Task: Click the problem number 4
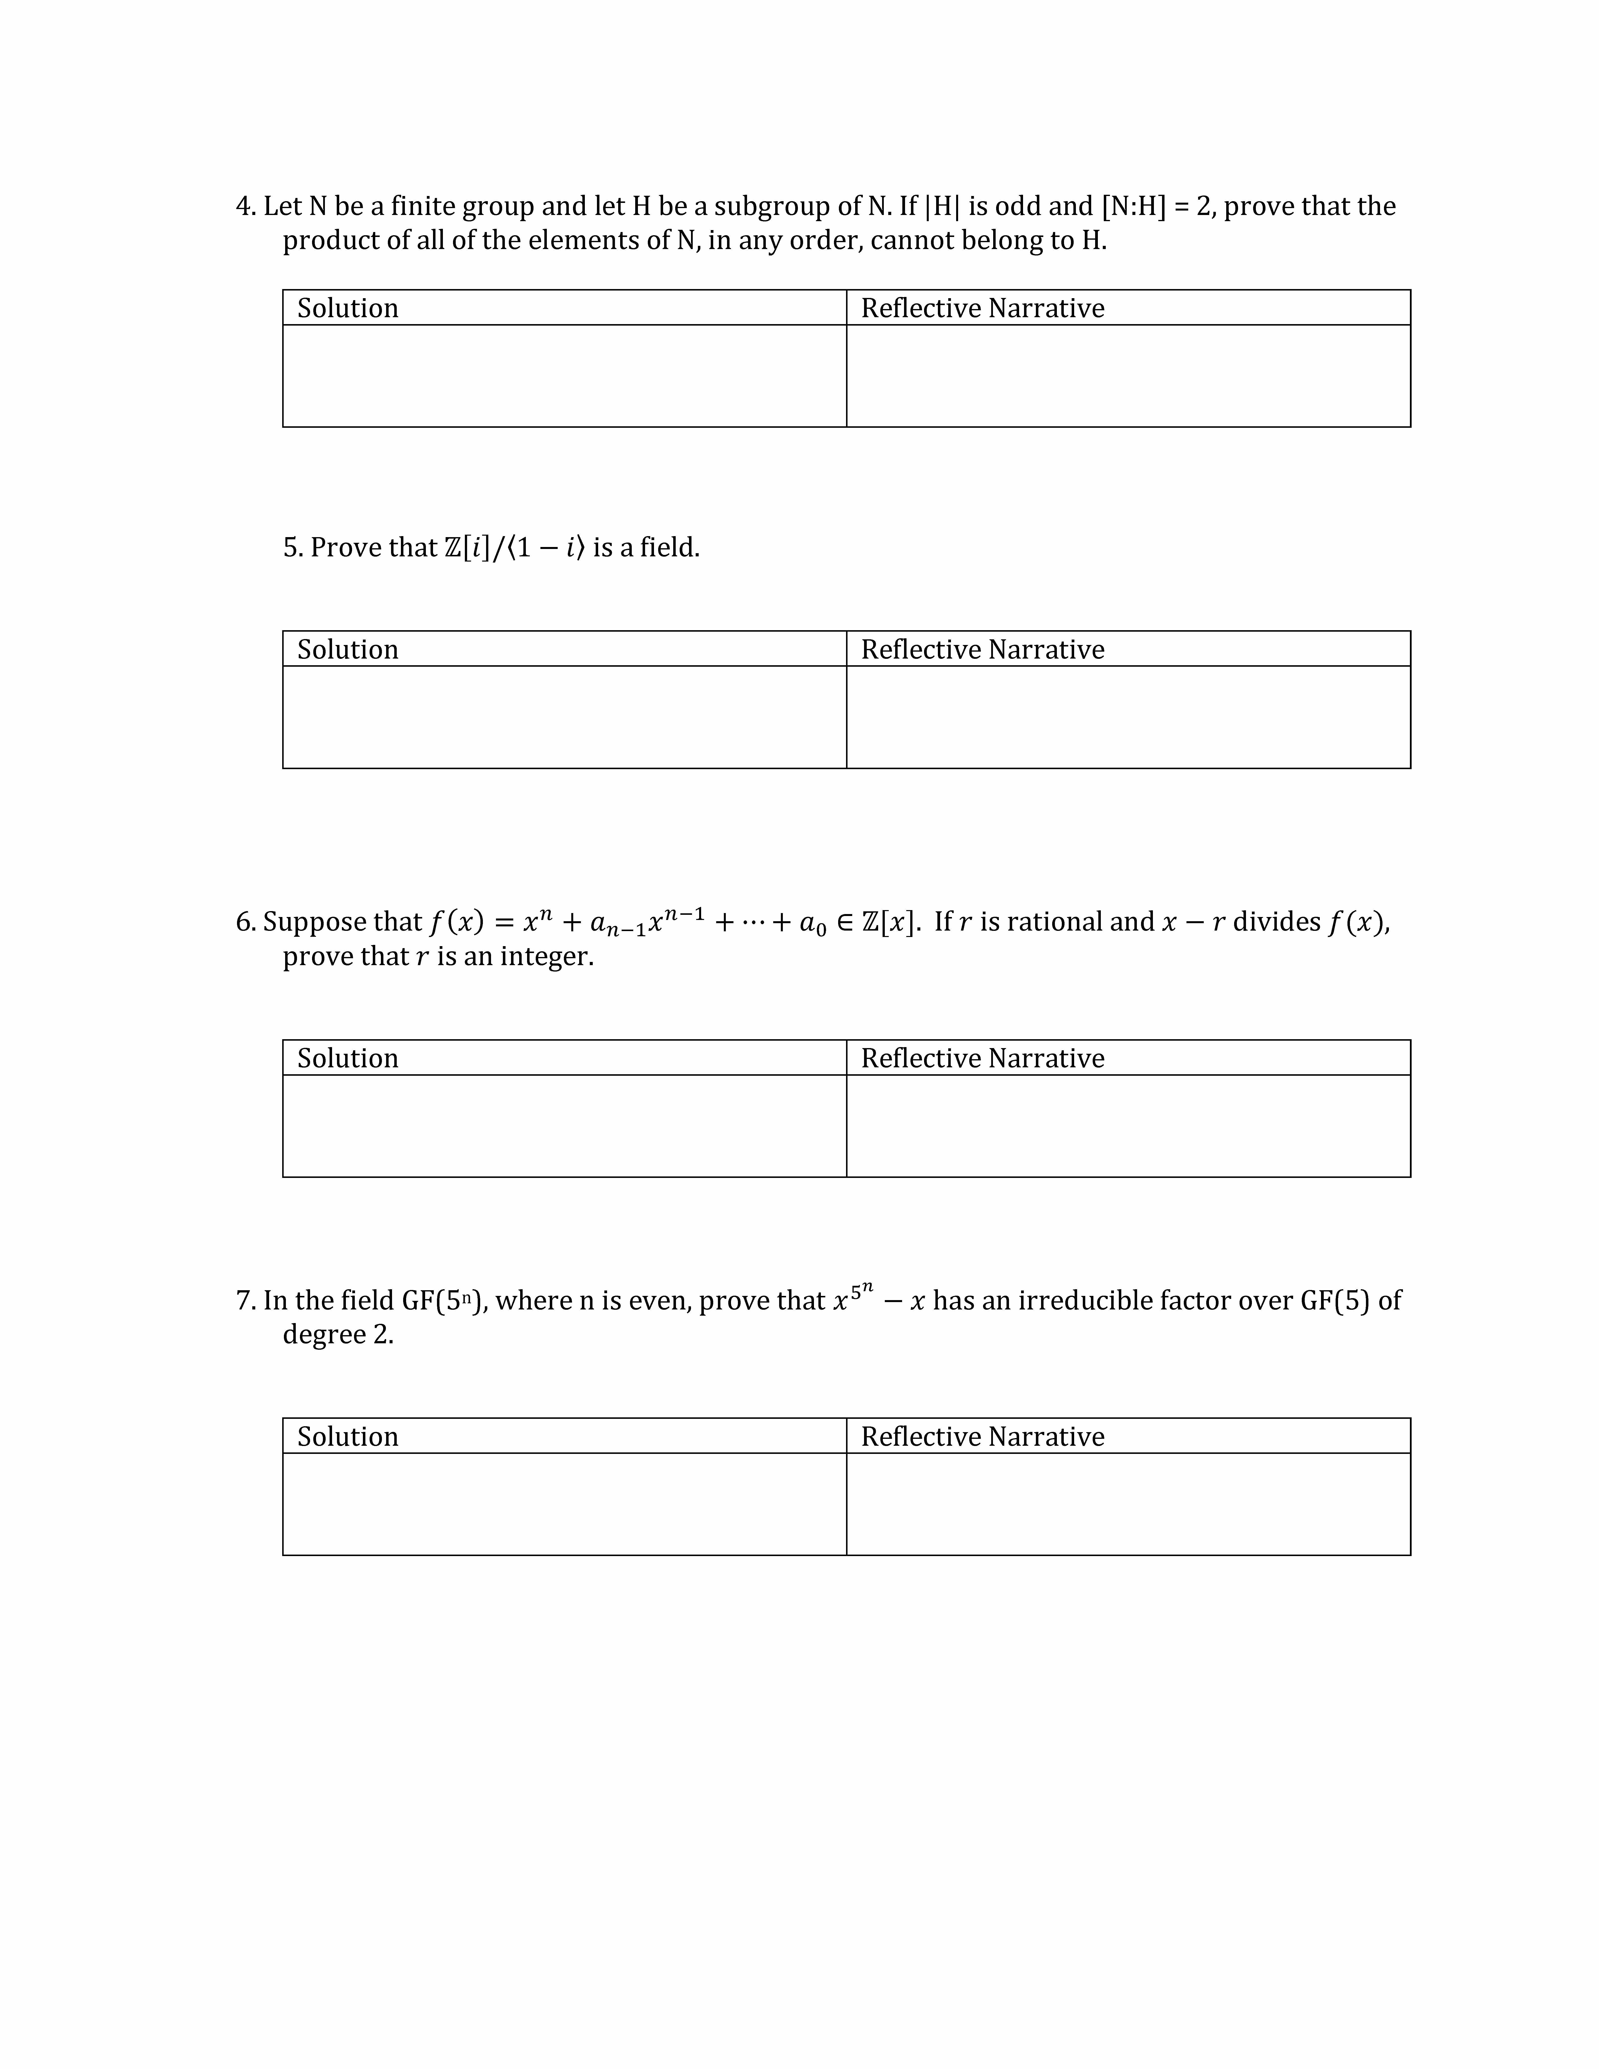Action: coord(244,207)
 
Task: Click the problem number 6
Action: coord(244,922)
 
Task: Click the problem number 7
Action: coord(244,1301)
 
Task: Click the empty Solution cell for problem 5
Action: coord(564,717)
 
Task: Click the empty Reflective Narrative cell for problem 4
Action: coord(1127,376)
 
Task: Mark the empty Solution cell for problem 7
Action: coord(564,1504)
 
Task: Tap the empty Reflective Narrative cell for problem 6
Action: coord(1127,1126)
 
